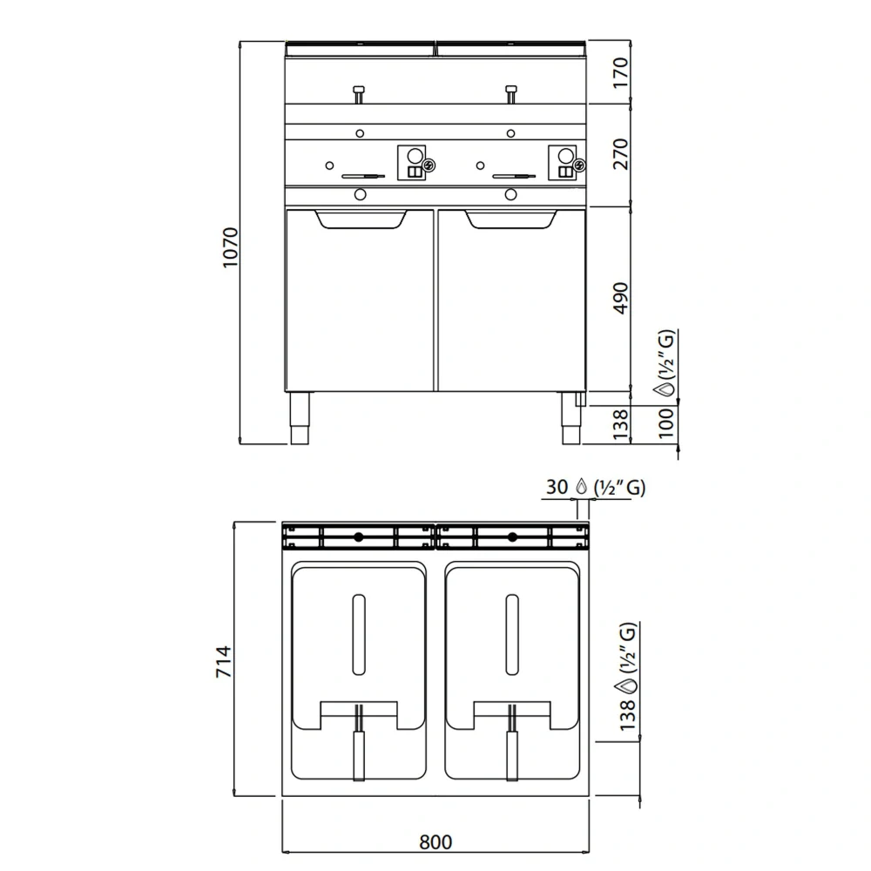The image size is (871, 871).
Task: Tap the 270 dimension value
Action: pos(620,155)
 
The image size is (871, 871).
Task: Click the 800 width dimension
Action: pos(435,841)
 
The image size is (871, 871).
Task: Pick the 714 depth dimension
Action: pos(224,662)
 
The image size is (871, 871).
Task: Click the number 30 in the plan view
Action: pos(557,488)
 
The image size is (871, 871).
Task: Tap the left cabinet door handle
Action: pos(361,219)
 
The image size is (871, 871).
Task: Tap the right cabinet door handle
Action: pos(510,219)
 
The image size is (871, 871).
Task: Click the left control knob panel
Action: pos(413,163)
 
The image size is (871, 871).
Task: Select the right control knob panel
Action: pos(563,163)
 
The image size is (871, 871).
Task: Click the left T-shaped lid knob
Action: pos(358,91)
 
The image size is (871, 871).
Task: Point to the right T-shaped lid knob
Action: pos(510,91)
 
